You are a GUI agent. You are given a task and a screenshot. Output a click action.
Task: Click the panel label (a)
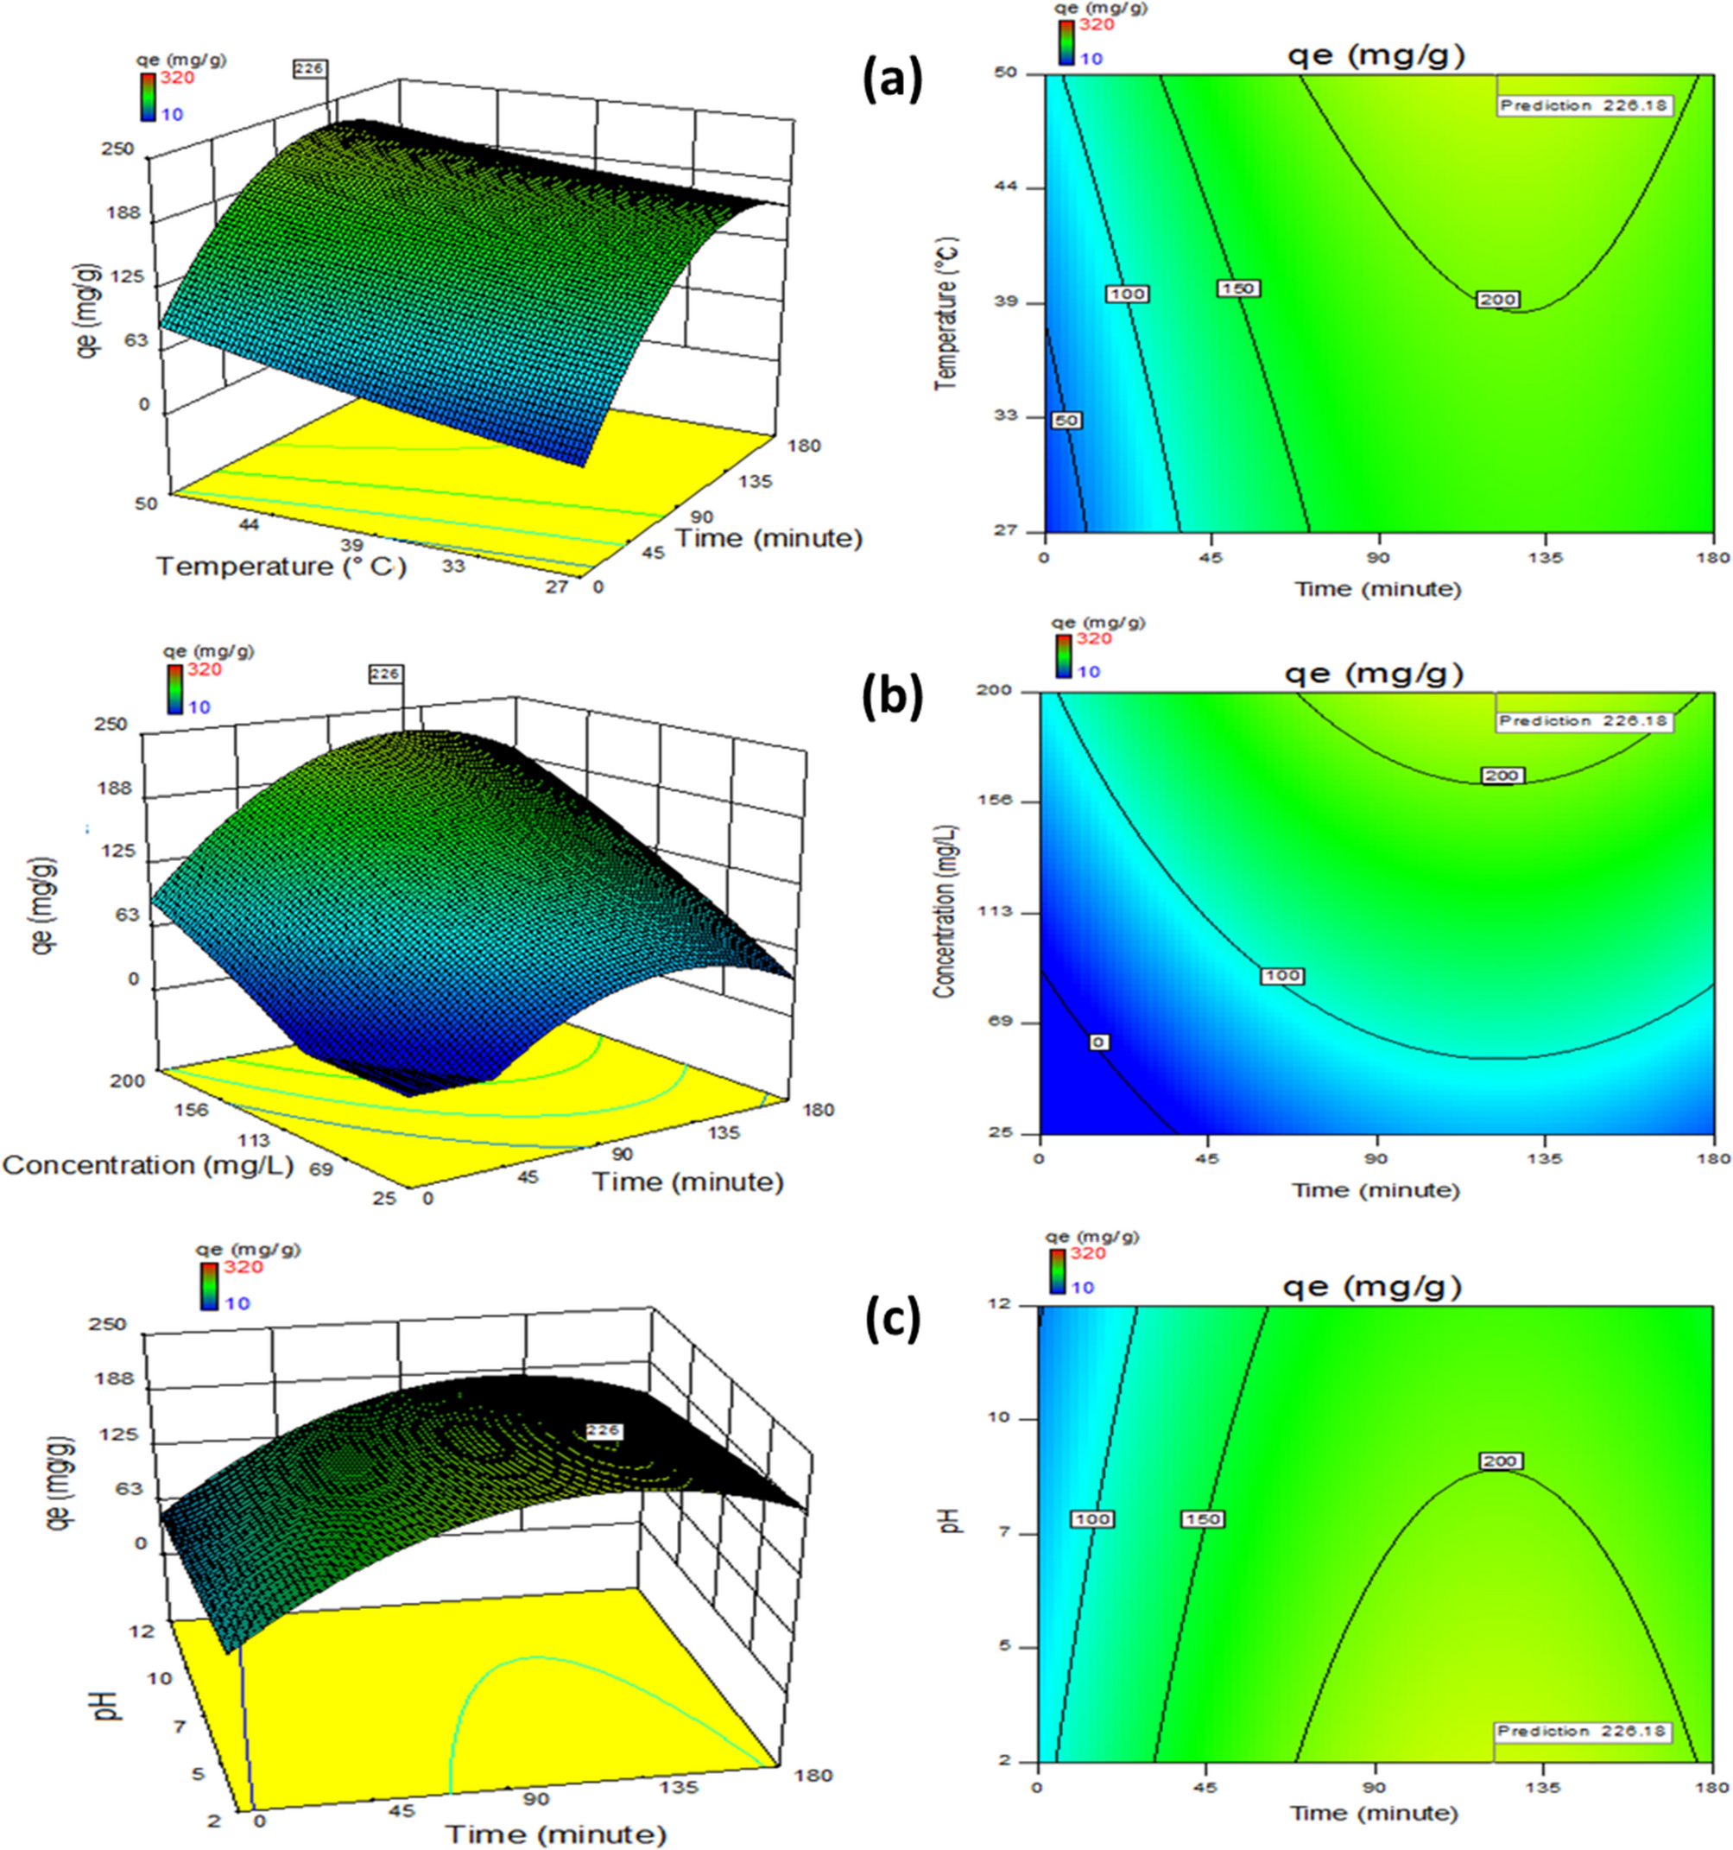click(892, 82)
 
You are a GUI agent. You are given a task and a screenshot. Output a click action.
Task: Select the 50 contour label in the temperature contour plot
click(1066, 421)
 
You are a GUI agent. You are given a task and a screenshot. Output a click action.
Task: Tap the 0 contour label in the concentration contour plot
click(1098, 1042)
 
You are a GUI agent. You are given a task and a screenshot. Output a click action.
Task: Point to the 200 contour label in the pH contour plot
click(1500, 1462)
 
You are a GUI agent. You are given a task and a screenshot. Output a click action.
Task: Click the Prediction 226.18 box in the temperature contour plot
click(1584, 105)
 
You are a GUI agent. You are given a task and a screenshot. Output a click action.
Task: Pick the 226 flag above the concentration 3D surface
click(384, 674)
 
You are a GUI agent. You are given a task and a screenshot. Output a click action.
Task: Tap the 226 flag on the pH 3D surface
click(604, 1431)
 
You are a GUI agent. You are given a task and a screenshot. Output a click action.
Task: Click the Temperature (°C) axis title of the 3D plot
click(281, 566)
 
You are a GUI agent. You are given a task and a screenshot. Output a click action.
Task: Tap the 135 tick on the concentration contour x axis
click(1545, 1158)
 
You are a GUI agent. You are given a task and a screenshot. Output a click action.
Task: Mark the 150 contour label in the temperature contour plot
click(1238, 289)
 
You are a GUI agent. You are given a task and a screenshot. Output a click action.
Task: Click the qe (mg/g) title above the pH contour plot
click(1373, 1287)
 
